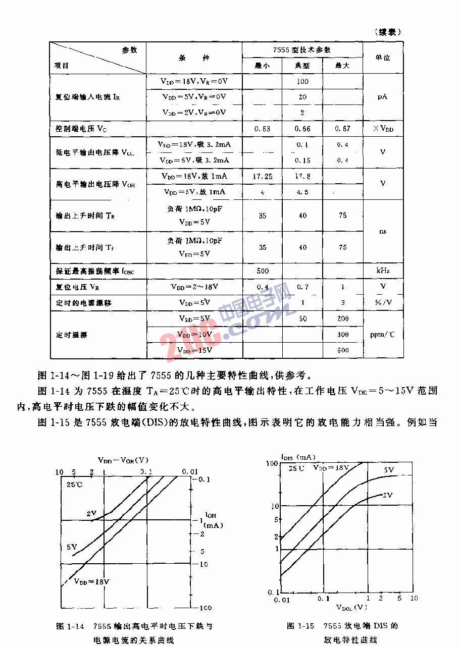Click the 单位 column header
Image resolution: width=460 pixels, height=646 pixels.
383,58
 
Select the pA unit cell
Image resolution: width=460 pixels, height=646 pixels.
383,96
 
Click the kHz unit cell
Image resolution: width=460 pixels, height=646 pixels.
383,271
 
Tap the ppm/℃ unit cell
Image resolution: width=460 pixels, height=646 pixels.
383,334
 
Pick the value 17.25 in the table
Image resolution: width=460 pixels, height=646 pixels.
262,176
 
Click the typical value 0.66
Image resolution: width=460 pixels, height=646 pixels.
302,129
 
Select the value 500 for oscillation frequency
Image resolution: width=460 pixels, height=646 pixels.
263,271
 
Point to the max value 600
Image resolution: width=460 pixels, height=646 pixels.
343,350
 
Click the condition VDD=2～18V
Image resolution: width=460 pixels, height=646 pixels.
194,287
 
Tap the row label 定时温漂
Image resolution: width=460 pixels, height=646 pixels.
72,334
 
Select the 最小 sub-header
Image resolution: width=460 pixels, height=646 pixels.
262,66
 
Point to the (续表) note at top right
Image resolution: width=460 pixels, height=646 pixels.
388,32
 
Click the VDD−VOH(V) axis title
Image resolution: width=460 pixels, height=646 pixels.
123,460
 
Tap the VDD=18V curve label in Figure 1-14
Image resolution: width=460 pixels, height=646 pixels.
91,581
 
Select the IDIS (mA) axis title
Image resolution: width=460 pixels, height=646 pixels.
298,457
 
